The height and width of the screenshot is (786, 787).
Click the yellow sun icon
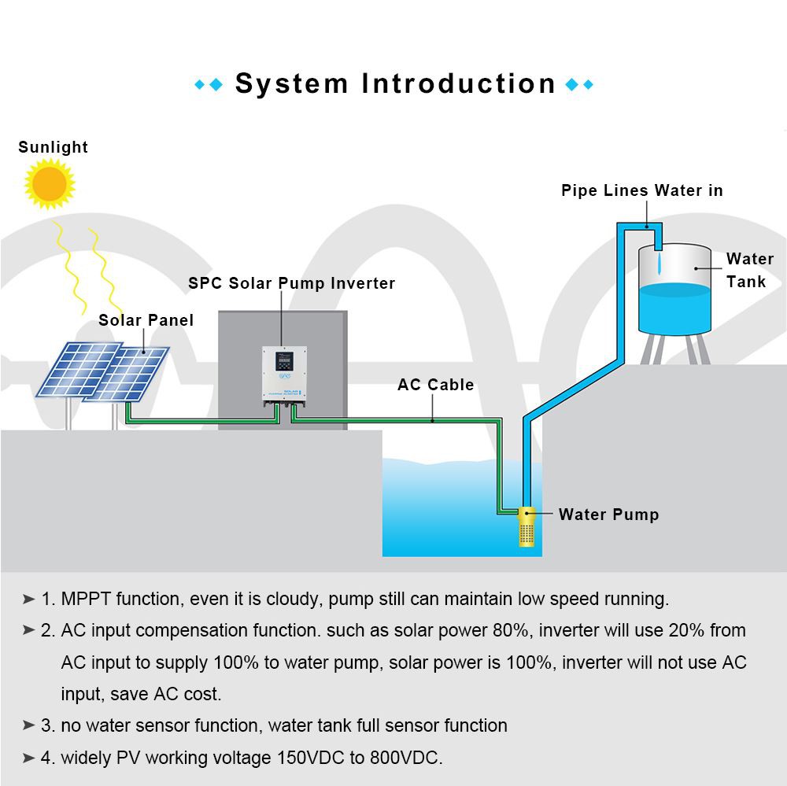pos(50,183)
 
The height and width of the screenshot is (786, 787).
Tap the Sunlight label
pos(53,147)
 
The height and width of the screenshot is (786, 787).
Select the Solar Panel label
pos(146,320)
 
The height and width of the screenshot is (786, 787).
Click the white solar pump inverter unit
pos(283,375)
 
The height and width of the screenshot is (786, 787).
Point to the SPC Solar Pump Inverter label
pos(291,283)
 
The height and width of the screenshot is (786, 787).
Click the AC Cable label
pos(435,385)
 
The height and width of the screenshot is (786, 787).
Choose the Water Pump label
pos(608,515)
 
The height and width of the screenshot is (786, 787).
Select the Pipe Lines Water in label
pos(641,190)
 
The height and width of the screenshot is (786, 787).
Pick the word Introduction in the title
pos(459,83)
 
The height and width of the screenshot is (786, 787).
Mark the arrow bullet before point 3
pos(29,725)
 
